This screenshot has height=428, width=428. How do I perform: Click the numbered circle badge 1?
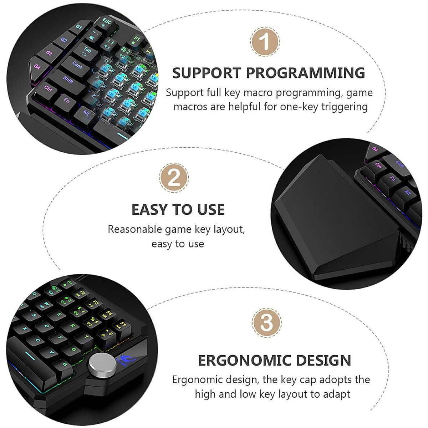pyautogui.click(x=265, y=41)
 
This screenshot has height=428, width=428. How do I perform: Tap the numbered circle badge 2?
pyautogui.click(x=174, y=178)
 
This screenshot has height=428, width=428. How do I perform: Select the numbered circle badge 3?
pyautogui.click(x=267, y=322)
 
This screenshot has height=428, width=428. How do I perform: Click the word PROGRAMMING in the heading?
pyautogui.click(x=305, y=73)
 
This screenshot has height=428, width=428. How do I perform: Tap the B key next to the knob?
pyautogui.click(x=65, y=365)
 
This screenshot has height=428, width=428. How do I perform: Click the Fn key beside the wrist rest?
pyautogui.click(x=392, y=178)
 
